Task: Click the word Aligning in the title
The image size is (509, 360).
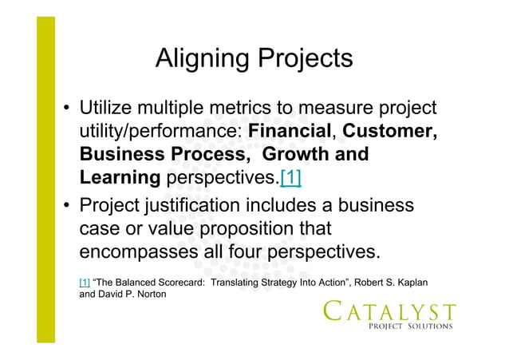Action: (203, 58)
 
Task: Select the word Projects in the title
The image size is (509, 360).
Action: (304, 58)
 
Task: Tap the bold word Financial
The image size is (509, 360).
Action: (294, 131)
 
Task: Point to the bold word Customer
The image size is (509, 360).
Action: (389, 131)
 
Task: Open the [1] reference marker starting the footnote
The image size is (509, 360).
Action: (85, 283)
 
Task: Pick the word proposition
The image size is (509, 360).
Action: (251, 229)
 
